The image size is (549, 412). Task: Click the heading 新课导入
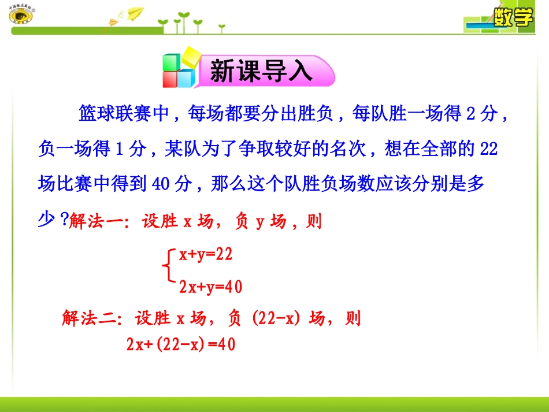(261, 72)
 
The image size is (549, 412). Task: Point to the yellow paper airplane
(135, 13)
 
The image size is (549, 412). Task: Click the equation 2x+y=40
(210, 286)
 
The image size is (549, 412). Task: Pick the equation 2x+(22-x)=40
(181, 344)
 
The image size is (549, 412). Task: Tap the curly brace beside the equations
(168, 269)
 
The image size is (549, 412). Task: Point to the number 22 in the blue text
(488, 149)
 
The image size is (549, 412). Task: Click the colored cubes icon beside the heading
(179, 70)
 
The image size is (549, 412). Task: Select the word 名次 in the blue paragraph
(350, 149)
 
